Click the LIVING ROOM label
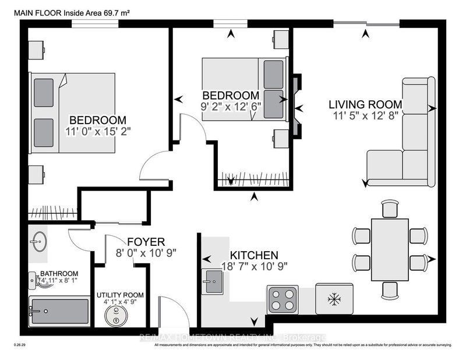tap(365, 105)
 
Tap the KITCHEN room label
tap(253, 255)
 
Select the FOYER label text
tap(146, 241)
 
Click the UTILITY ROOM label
tap(120, 295)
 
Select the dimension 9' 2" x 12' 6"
tap(230, 107)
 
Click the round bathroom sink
tap(40, 242)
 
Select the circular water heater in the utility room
tap(116, 315)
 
